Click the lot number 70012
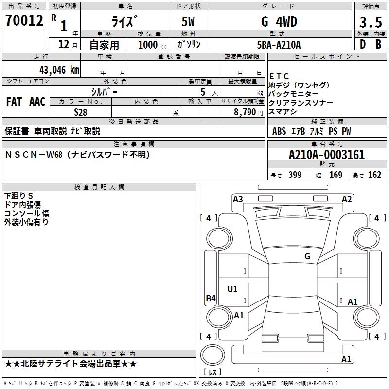point(24,20)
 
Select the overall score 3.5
point(371,22)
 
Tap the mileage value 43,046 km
point(59,70)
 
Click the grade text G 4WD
point(279,21)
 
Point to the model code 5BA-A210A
point(279,45)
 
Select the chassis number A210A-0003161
point(327,155)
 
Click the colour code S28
point(81,112)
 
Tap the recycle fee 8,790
point(245,112)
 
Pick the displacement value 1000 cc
point(153,45)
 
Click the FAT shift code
point(14,102)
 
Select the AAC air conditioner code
point(37,102)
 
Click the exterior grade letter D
point(363,44)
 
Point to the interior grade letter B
point(379,44)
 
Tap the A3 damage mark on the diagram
point(238,199)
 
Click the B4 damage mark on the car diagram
point(211,298)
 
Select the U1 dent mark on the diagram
point(232,289)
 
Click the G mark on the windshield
point(307,256)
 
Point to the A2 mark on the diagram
point(347,199)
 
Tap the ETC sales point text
point(279,76)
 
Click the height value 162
point(374,175)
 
